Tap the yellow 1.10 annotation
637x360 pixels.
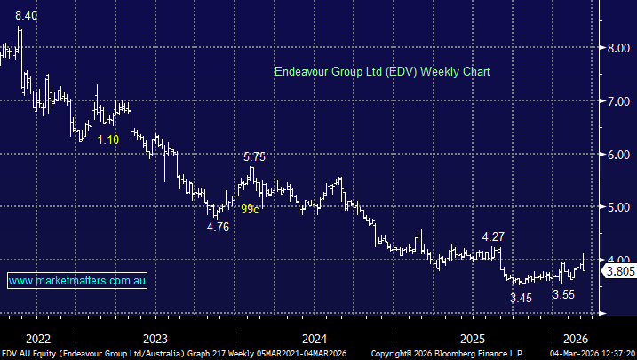tap(108, 140)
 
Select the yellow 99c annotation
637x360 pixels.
tap(251, 209)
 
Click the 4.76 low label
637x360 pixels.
tap(218, 227)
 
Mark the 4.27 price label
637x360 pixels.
tap(494, 237)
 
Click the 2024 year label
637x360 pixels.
tap(314, 338)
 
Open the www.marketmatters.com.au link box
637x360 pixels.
tap(77, 281)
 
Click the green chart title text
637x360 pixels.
tap(382, 71)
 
